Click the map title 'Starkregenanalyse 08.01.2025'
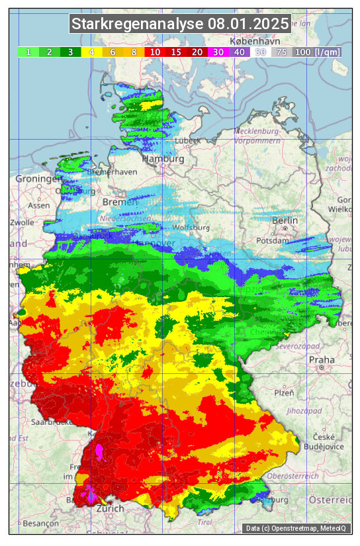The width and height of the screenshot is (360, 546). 180,24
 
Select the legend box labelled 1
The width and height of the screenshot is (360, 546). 28,52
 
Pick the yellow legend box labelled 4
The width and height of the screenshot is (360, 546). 92,52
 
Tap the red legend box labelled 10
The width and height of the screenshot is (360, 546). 156,52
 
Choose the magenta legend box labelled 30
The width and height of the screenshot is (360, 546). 218,52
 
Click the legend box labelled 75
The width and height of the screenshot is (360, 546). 282,52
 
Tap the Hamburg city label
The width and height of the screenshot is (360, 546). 163,159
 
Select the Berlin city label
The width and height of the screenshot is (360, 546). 285,220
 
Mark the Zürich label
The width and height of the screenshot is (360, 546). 110,509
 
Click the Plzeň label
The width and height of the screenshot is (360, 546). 285,392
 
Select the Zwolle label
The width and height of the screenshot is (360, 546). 21,222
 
